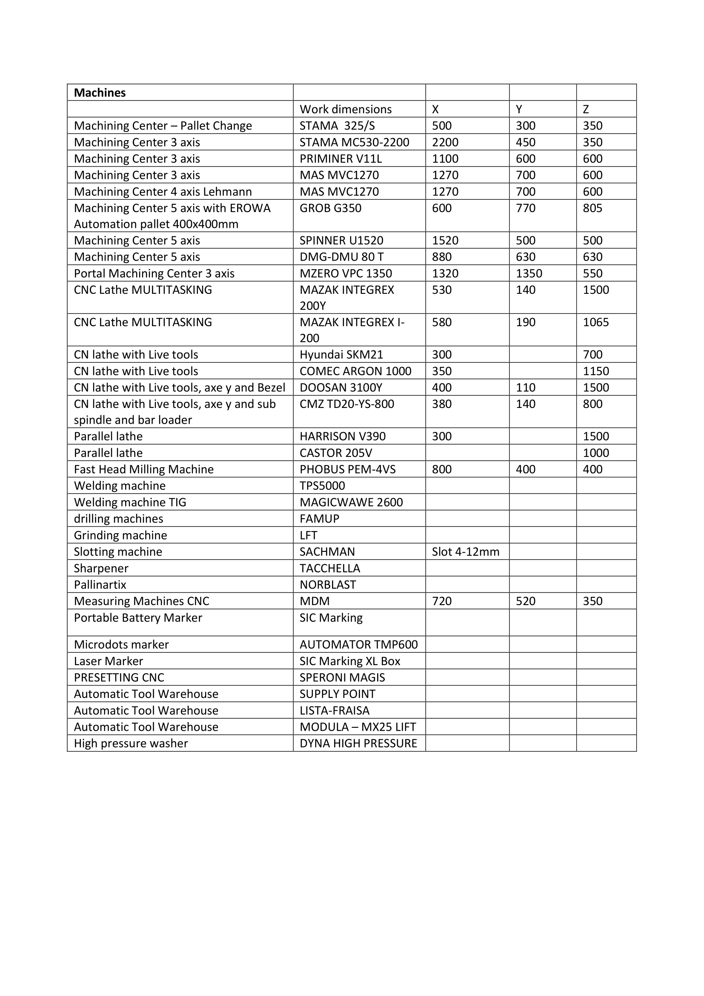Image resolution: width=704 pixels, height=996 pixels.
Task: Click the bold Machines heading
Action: point(100,93)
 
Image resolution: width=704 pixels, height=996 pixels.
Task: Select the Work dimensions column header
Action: point(346,109)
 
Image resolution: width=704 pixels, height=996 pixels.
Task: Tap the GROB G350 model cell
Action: point(330,208)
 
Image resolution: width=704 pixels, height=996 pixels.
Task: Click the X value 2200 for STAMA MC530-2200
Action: point(445,142)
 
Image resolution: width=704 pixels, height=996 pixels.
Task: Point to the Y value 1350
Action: point(529,274)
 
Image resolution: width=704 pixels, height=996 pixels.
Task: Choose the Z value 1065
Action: point(595,322)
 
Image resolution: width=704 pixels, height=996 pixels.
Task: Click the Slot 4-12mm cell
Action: point(466,552)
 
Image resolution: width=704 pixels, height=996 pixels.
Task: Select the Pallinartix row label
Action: point(100,585)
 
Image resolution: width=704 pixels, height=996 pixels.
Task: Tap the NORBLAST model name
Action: point(328,585)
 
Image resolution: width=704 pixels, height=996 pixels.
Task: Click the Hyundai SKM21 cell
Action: point(342,355)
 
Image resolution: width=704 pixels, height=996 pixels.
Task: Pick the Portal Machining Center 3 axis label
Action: point(154,274)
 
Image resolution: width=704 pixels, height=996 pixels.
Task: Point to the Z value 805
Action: point(592,208)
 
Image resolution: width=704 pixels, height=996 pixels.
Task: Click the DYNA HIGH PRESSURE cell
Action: point(358,743)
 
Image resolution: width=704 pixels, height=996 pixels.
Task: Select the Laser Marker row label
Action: point(109,661)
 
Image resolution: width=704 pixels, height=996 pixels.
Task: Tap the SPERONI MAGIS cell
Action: point(343,677)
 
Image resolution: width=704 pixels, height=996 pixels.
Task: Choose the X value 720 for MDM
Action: point(442,601)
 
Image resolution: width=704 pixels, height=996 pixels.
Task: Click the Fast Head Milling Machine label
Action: point(144,469)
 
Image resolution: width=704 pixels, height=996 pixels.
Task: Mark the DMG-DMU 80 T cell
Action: point(342,257)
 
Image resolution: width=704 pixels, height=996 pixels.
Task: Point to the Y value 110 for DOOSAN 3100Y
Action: point(525,388)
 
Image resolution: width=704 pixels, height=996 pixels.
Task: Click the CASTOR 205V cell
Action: point(336,453)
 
